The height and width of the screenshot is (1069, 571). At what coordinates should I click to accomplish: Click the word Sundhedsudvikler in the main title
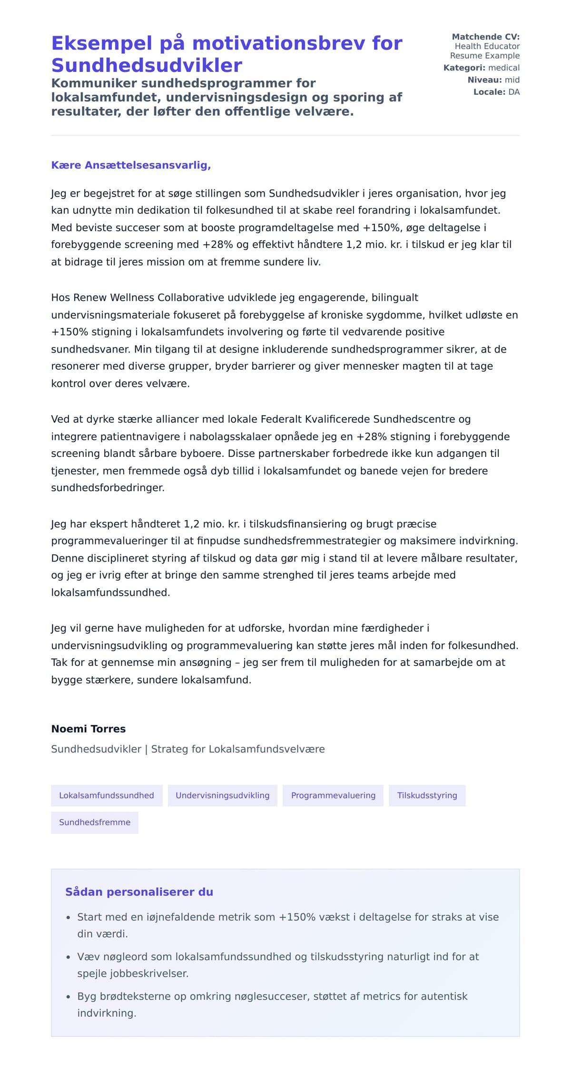[x=147, y=65]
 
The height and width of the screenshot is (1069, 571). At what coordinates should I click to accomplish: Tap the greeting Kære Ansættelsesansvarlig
[x=131, y=165]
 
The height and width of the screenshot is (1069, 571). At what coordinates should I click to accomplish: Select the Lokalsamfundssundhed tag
[x=107, y=795]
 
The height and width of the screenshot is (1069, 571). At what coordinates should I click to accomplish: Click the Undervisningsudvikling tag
[x=222, y=795]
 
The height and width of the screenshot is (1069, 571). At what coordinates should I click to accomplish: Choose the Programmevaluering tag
[x=333, y=795]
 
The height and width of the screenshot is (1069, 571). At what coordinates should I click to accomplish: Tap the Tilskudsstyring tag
[x=427, y=795]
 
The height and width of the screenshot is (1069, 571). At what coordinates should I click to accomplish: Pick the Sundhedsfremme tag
[x=95, y=822]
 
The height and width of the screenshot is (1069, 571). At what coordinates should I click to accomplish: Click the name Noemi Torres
[x=89, y=729]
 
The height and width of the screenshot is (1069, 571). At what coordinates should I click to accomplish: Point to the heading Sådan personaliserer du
[x=139, y=892]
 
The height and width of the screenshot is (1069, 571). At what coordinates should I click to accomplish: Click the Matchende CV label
[x=485, y=37]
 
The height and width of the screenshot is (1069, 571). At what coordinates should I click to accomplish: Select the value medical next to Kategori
[x=504, y=68]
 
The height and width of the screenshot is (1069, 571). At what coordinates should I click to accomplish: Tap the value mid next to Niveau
[x=512, y=80]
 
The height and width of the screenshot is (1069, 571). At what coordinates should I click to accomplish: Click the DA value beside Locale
[x=514, y=92]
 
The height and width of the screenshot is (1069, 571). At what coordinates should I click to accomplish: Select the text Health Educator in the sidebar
[x=487, y=46]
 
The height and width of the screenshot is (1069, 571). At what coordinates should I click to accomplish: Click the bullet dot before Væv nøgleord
[x=68, y=957]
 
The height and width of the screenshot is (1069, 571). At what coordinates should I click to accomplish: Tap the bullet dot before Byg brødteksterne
[x=68, y=997]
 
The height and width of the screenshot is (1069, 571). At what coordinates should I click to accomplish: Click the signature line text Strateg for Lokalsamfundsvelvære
[x=238, y=749]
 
